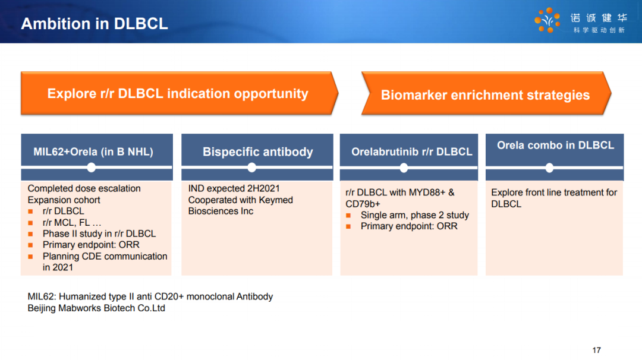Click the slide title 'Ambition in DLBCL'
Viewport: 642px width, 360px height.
click(x=94, y=24)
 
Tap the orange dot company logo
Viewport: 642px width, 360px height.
click(x=547, y=20)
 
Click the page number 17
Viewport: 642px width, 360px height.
click(x=597, y=350)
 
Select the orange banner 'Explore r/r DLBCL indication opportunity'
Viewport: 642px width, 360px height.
click(x=180, y=93)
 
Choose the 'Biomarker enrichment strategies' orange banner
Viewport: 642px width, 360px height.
click(x=486, y=93)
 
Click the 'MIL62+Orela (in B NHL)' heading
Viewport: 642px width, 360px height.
click(x=93, y=151)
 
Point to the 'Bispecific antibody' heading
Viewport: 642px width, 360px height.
click(x=257, y=151)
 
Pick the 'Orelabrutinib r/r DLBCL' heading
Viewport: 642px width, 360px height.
click(x=411, y=151)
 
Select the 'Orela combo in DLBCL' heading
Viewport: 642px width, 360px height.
click(x=555, y=145)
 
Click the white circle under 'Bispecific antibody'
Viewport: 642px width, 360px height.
click(x=252, y=168)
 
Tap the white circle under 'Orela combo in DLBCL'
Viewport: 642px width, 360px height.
click(x=549, y=168)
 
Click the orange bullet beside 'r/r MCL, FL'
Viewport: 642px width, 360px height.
click(x=30, y=223)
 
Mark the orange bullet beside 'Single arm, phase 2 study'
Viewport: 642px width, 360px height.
click(x=348, y=215)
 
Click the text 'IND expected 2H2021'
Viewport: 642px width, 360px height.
click(x=234, y=188)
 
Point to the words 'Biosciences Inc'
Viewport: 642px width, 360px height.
click(x=221, y=211)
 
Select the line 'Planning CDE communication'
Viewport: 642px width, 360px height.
click(x=105, y=257)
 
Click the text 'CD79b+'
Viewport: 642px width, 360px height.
click(x=363, y=204)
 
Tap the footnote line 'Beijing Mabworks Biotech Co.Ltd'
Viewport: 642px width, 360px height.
click(x=96, y=308)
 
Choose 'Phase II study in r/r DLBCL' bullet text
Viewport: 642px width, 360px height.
click(x=99, y=233)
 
